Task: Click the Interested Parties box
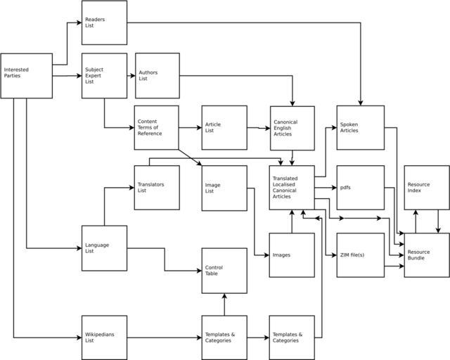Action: [x=26, y=76]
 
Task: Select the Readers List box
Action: [x=104, y=22]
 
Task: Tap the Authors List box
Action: [x=157, y=75]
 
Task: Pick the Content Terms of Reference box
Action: [x=156, y=127]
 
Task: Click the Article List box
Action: [x=224, y=127]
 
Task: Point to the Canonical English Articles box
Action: [x=292, y=127]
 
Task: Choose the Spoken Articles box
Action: [x=360, y=127]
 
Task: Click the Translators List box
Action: [x=156, y=188]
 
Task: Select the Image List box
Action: [x=224, y=188]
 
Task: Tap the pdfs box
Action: [x=360, y=188]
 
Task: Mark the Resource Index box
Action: [x=426, y=188]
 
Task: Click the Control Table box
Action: [x=224, y=270]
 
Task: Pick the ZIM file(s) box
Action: [x=360, y=255]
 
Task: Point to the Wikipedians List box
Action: [x=104, y=337]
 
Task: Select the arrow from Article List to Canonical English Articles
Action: [x=258, y=128]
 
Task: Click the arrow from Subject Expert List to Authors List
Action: [x=131, y=75]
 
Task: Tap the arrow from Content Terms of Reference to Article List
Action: [x=190, y=128]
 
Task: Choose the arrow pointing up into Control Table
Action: [x=224, y=304]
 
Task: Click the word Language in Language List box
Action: [x=96, y=245]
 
